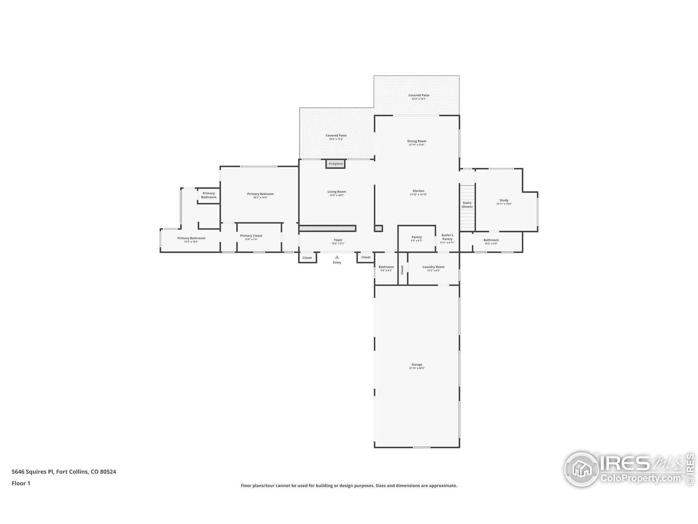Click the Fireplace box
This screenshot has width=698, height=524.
335,163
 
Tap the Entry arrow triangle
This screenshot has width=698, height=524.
337,257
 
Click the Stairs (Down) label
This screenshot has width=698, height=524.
467,205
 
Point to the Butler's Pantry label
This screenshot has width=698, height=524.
447,237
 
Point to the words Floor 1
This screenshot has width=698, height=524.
21,483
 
